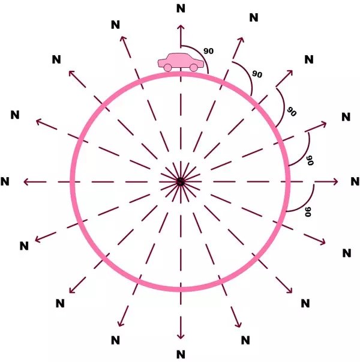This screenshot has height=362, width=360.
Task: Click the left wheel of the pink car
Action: coord(167,68)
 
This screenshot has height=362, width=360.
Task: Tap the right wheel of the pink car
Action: coord(194,68)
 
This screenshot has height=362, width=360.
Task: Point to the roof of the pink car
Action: coord(180,55)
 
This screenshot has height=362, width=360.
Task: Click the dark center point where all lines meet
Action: coord(181,182)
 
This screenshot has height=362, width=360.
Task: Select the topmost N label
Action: coord(181,8)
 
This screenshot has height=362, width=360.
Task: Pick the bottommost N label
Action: coord(181,354)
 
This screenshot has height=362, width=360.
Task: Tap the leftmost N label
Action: coord(5,181)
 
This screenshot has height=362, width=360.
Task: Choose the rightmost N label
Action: coord(355,181)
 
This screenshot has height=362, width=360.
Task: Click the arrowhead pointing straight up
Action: coord(181,27)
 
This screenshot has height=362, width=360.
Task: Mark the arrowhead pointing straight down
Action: coord(181,336)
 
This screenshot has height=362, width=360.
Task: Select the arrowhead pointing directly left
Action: coord(26,182)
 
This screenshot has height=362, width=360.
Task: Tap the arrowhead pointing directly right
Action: coord(335,182)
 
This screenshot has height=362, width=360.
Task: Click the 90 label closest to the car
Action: coord(208,51)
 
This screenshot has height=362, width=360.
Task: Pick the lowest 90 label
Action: coord(308,212)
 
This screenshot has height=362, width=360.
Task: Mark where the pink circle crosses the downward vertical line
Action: coord(181,289)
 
